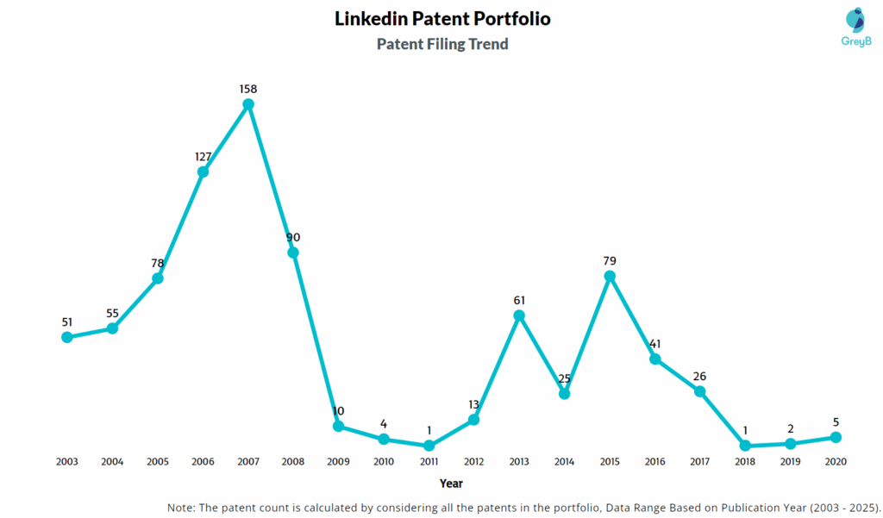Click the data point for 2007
248,104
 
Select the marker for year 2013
519,315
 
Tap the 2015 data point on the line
610,276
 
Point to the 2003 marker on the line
67,337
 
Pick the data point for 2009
339,426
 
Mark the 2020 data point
836,437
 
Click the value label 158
248,89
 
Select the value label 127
203,156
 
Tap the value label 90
293,237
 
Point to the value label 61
519,300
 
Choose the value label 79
610,260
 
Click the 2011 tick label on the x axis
429,462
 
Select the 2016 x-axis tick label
654,462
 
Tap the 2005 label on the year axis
158,462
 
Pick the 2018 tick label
745,462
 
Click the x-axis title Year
451,484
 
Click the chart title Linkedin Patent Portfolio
442,18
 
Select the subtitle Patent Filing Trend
442,43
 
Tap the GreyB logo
855,27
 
